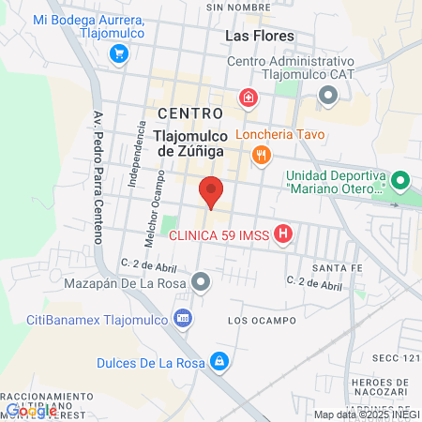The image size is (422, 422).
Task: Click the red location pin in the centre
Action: click(x=211, y=192)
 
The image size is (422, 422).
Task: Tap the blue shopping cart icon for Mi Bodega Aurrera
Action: click(x=118, y=53)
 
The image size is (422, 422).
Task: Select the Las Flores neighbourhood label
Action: click(x=260, y=36)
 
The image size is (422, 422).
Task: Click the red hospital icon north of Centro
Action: click(x=248, y=96)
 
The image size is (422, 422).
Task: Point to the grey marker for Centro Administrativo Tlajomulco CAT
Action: click(x=328, y=94)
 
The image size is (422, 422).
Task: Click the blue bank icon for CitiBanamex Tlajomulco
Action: click(x=183, y=319)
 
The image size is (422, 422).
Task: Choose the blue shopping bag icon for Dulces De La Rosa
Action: click(x=219, y=360)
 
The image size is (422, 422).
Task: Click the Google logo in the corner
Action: click(x=31, y=410)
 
